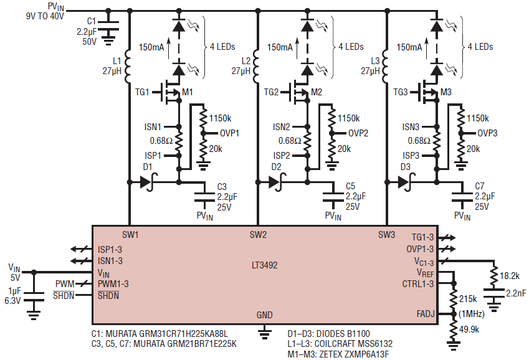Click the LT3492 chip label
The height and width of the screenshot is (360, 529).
coord(264,265)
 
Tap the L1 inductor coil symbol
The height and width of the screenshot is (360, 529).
coord(128,67)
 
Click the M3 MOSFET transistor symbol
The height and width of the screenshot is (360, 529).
coord(429,92)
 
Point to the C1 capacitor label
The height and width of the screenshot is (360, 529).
coord(92,21)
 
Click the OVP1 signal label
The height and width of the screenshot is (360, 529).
coord(229,133)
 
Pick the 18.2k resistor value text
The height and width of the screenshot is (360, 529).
coord(510,276)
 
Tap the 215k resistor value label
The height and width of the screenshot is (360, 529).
coord(468,299)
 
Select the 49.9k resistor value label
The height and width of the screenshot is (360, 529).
coord(469,329)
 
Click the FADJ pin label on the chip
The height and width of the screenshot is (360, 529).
coord(426,314)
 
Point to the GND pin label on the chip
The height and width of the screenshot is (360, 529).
coord(264,315)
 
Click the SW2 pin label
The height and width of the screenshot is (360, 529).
coord(258,235)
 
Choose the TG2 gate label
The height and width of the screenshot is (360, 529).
coord(271,92)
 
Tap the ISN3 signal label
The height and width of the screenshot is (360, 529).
coord(411,127)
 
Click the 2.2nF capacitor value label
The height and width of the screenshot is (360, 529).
coord(516,293)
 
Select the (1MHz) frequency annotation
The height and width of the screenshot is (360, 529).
coord(471,314)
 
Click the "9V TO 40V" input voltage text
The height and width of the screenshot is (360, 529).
coord(45,16)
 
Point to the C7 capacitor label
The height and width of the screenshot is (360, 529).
coord(479,186)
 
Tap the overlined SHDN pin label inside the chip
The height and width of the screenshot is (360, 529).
coord(108,296)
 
